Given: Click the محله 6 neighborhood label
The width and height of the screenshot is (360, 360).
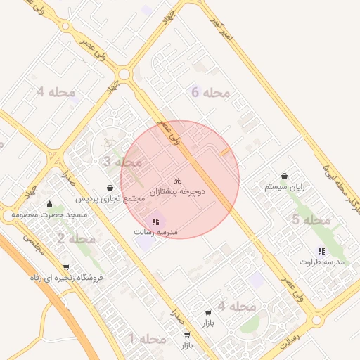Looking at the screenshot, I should [x=210, y=92].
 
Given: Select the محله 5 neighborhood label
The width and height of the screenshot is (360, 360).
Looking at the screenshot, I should [x=311, y=220].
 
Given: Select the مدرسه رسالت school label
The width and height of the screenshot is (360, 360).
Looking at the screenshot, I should [x=155, y=232].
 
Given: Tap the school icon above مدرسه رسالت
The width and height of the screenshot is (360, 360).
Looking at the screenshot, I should [x=155, y=221].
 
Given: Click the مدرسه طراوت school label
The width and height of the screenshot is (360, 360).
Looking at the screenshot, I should [x=321, y=262].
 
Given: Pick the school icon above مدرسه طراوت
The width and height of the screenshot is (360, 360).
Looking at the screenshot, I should [x=321, y=251].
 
